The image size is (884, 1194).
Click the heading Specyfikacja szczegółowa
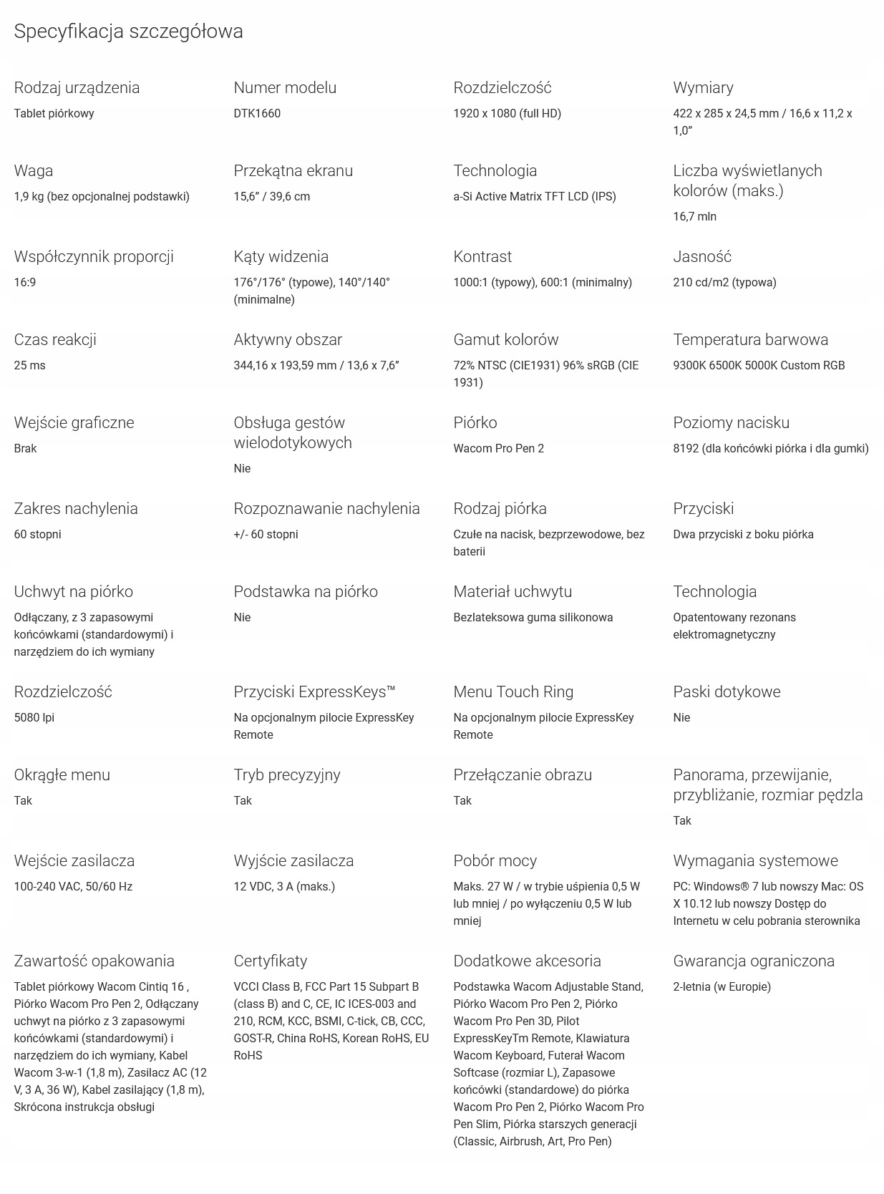pyautogui.click(x=128, y=31)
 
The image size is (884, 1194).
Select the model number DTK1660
pyautogui.click(x=257, y=113)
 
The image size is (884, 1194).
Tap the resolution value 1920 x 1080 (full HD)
pyautogui.click(x=507, y=113)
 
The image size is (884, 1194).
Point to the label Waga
pyautogui.click(x=33, y=170)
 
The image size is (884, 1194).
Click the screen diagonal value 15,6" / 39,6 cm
pyautogui.click(x=271, y=196)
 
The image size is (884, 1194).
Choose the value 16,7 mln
pyautogui.click(x=694, y=216)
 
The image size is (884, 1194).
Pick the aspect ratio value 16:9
pyautogui.click(x=24, y=282)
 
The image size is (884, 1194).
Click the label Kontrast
pyautogui.click(x=482, y=256)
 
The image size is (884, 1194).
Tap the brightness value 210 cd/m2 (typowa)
pyautogui.click(x=724, y=282)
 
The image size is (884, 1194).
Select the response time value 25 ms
pyautogui.click(x=29, y=365)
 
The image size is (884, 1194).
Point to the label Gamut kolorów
pyautogui.click(x=505, y=339)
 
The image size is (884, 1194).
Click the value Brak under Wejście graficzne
pyautogui.click(x=25, y=448)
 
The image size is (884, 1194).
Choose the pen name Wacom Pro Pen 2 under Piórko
pyautogui.click(x=498, y=448)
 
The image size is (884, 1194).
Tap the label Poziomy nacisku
pyautogui.click(x=731, y=422)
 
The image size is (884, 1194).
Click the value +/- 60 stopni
pyautogui.click(x=266, y=534)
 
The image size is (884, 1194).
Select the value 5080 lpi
pyautogui.click(x=34, y=717)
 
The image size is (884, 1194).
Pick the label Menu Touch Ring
pyautogui.click(x=513, y=691)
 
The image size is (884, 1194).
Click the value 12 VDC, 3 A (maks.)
pyautogui.click(x=284, y=886)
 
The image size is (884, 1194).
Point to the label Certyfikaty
pyautogui.click(x=270, y=961)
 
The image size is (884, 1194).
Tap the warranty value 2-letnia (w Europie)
pyautogui.click(x=722, y=986)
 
